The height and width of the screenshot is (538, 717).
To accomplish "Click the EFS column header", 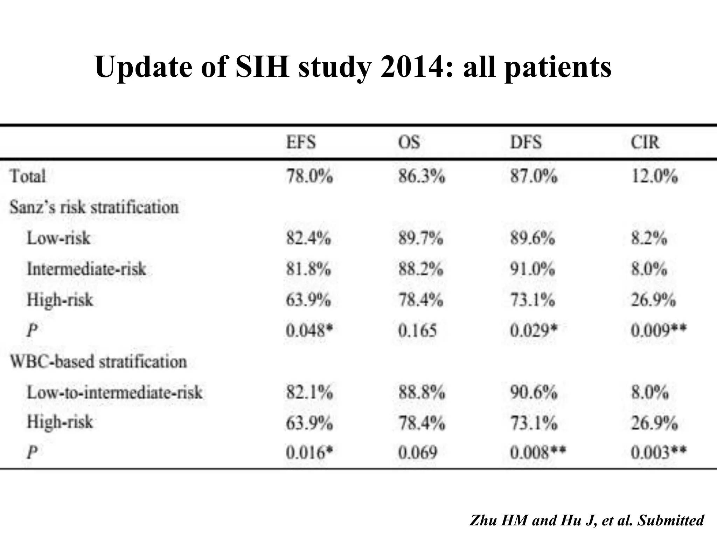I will tap(301, 143).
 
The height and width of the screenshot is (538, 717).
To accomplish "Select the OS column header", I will tap(409, 143).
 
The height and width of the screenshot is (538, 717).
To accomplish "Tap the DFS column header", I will tap(526, 143).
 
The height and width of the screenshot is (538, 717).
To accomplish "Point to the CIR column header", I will tap(645, 143).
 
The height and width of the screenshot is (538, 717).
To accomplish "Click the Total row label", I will tap(28, 176).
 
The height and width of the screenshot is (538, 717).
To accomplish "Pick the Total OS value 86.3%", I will tap(422, 176).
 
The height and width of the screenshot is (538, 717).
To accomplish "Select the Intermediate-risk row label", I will tap(86, 269).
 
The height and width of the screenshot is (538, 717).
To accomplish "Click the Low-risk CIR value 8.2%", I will tap(649, 238).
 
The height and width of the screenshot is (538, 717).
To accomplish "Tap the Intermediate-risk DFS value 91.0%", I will tap(532, 269).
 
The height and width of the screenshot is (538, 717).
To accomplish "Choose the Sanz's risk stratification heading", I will tap(94, 207).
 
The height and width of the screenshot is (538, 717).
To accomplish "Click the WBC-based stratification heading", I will tap(98, 361).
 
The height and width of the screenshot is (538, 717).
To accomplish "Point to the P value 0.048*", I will tap(309, 330).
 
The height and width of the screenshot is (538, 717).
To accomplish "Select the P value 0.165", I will tap(417, 330).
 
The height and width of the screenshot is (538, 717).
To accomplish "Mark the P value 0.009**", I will tap(659, 330).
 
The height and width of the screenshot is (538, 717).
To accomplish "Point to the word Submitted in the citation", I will tap(671, 520).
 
